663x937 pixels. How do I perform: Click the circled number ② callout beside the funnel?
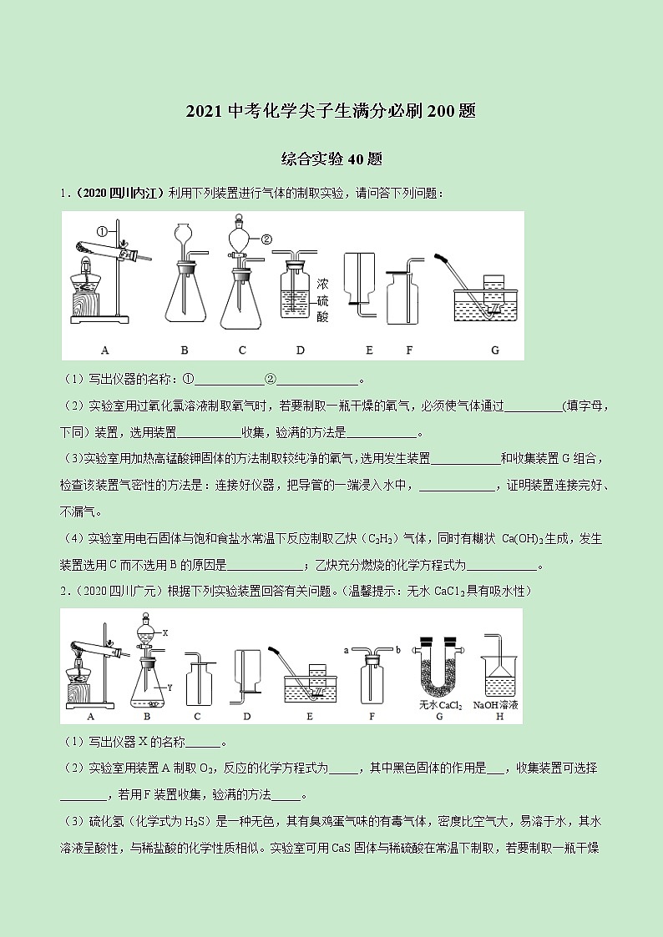(266, 239)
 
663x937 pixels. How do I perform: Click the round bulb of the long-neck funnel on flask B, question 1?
(184, 233)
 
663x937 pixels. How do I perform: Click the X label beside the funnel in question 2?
(165, 633)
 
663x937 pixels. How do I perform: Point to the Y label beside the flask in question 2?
(169, 688)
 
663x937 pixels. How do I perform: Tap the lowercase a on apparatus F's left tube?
(346, 648)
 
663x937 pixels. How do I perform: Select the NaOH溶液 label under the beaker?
(495, 705)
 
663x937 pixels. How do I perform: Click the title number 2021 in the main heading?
(205, 112)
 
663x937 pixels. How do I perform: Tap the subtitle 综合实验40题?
(331, 159)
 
